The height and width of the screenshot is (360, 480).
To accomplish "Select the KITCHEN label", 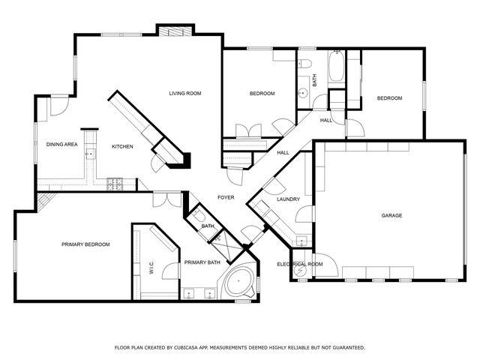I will [x=122, y=146].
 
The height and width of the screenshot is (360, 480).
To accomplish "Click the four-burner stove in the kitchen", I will [x=115, y=181].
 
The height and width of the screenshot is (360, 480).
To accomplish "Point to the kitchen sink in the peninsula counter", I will [x=90, y=153].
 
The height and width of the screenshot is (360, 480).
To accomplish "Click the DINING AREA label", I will [x=61, y=144].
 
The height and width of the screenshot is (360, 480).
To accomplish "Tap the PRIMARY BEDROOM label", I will [x=85, y=244].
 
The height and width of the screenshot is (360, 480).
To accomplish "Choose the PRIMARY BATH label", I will [x=202, y=262].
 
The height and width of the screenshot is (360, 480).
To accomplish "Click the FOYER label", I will [x=226, y=197].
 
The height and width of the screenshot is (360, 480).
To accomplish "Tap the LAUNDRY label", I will [x=288, y=199].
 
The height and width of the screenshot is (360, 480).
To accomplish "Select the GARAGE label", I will [x=391, y=215].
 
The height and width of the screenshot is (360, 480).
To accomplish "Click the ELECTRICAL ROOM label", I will [x=300, y=264].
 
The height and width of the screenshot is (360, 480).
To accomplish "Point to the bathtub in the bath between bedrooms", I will [x=336, y=67].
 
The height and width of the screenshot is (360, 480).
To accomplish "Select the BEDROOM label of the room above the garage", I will [x=389, y=98].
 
